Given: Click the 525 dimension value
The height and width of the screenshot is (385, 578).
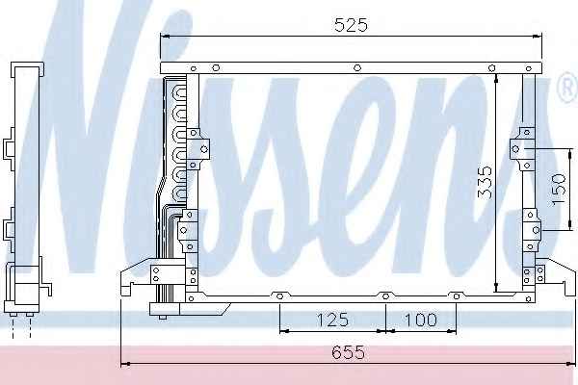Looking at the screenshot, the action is coord(351,25).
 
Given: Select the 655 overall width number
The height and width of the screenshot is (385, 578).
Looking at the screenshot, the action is coord(349,352).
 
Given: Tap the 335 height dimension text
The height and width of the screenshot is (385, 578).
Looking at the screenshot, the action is coord(485,182).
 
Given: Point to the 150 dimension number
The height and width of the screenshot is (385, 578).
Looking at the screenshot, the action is coord(558,190).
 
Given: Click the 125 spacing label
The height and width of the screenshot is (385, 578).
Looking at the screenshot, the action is coord(332,320).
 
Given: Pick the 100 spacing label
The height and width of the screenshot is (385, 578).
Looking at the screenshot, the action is coord(421,320).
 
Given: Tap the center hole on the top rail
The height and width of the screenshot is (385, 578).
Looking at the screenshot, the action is coord(357,67).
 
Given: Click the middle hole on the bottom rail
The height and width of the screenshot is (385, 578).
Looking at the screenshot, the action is coord(385,296).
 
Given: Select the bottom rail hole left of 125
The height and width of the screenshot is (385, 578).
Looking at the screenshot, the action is coord(279,296).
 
